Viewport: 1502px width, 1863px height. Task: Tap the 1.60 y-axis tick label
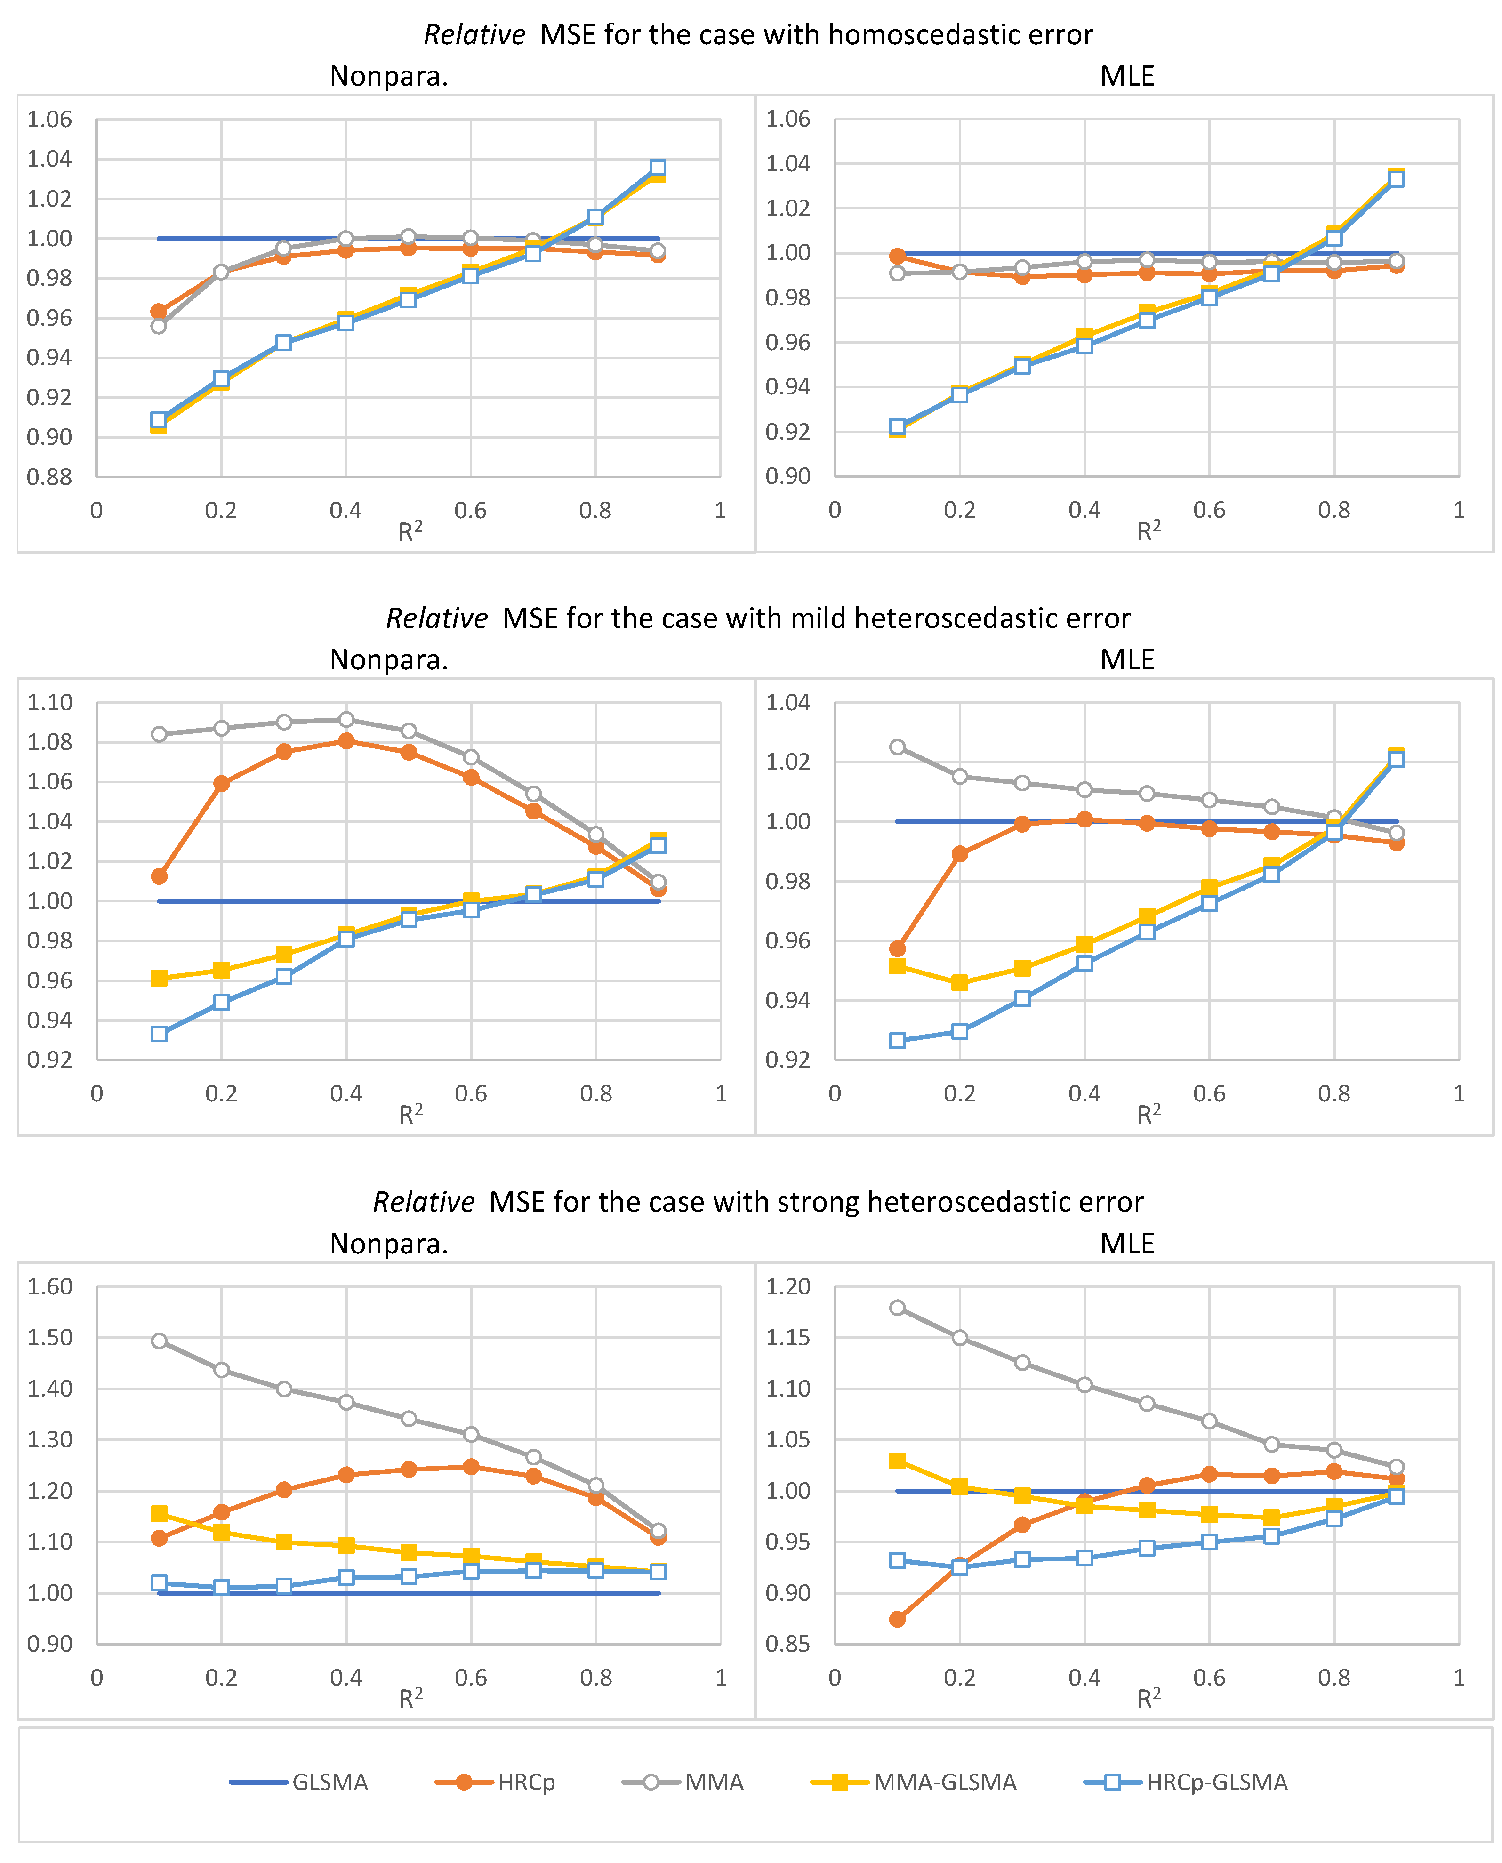click(49, 1287)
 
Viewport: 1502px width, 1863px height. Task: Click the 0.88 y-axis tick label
click(49, 477)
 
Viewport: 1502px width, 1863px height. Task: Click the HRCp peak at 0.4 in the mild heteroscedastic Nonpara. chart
click(346, 741)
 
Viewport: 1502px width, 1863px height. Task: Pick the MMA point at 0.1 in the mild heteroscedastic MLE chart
click(897, 747)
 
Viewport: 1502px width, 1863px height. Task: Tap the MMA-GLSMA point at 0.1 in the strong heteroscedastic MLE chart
click(897, 1461)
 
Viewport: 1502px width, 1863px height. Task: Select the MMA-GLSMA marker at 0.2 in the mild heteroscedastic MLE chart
click(959, 983)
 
